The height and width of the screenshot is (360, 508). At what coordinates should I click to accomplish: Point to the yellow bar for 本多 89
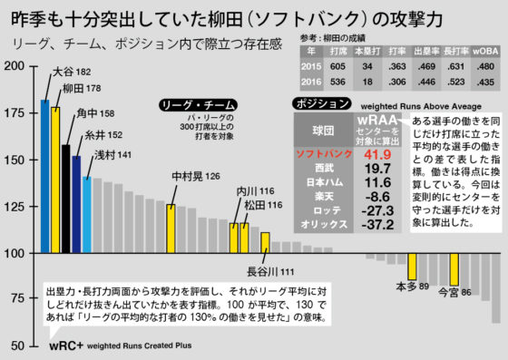(412, 267)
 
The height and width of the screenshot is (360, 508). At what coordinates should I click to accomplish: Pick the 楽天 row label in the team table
(324, 195)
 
